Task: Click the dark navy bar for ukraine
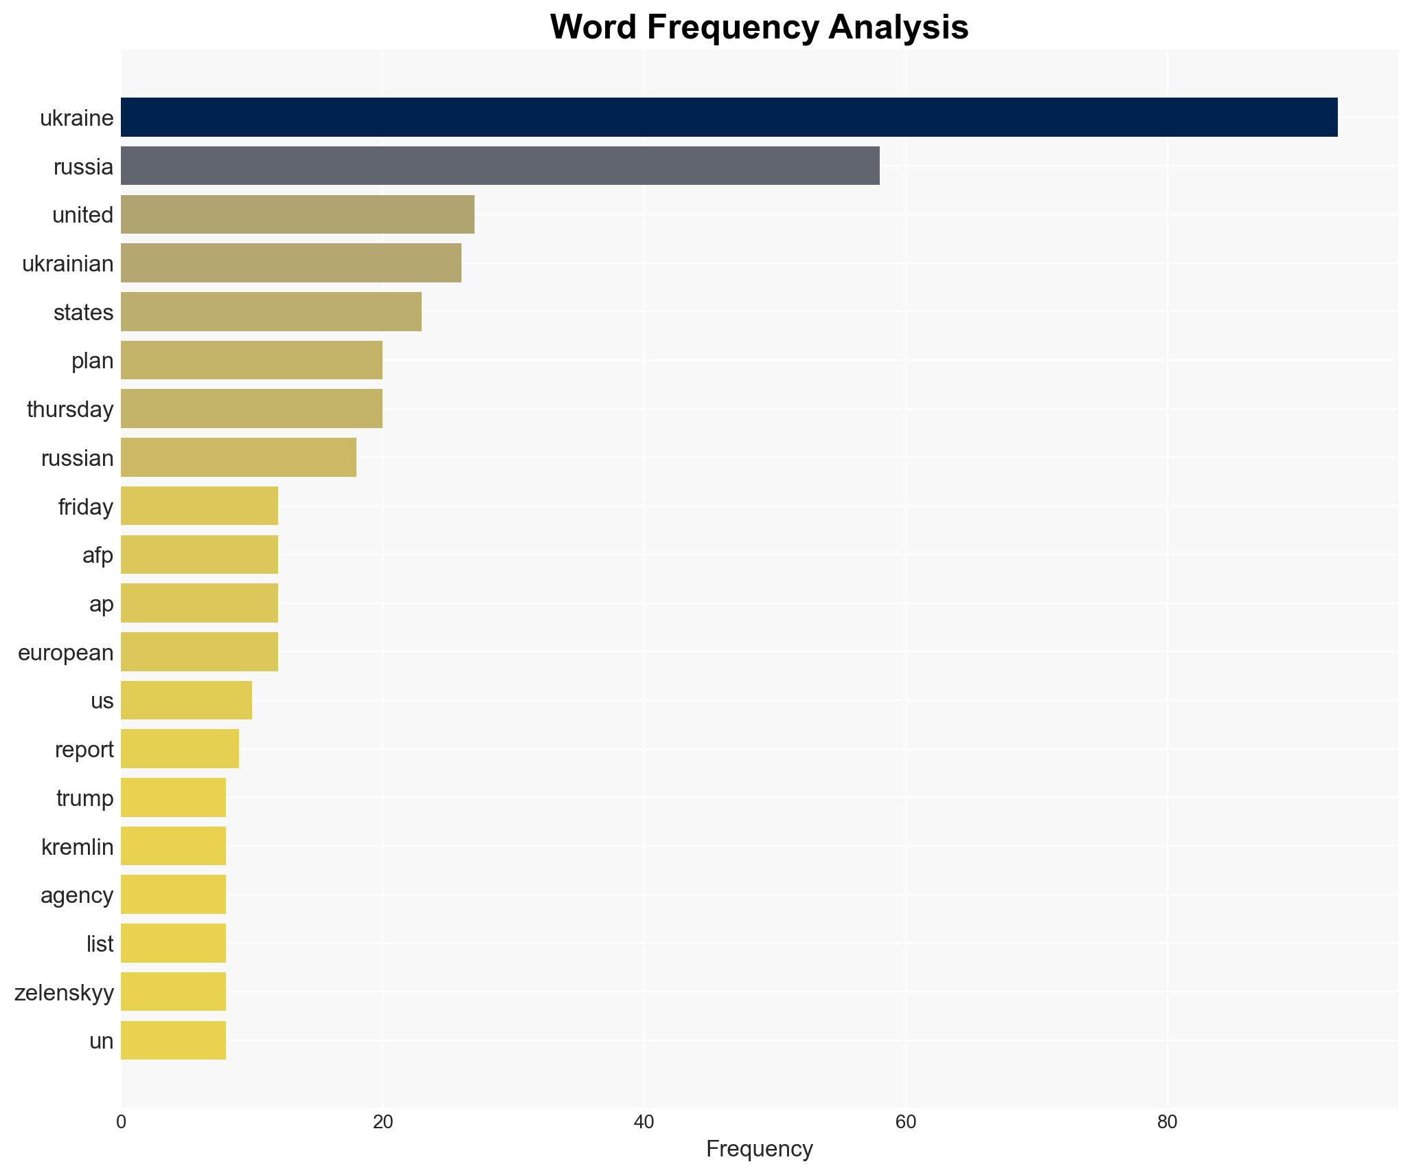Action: (729, 117)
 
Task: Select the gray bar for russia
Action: (500, 166)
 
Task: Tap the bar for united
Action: (297, 214)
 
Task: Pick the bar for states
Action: (271, 312)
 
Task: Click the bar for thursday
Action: (251, 409)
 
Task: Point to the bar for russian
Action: (238, 458)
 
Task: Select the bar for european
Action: (199, 652)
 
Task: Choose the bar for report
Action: (180, 749)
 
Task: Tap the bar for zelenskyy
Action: (173, 992)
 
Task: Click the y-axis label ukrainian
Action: (68, 264)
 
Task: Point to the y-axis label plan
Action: (93, 361)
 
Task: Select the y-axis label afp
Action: (98, 555)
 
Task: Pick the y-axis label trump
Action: (85, 798)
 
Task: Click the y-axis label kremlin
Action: (78, 847)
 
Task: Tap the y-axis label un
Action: (102, 1041)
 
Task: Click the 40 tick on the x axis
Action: (644, 1123)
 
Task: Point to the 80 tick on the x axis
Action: (1167, 1123)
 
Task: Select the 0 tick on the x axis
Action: (122, 1123)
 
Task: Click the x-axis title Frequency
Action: (759, 1149)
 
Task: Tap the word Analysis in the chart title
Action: (898, 27)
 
